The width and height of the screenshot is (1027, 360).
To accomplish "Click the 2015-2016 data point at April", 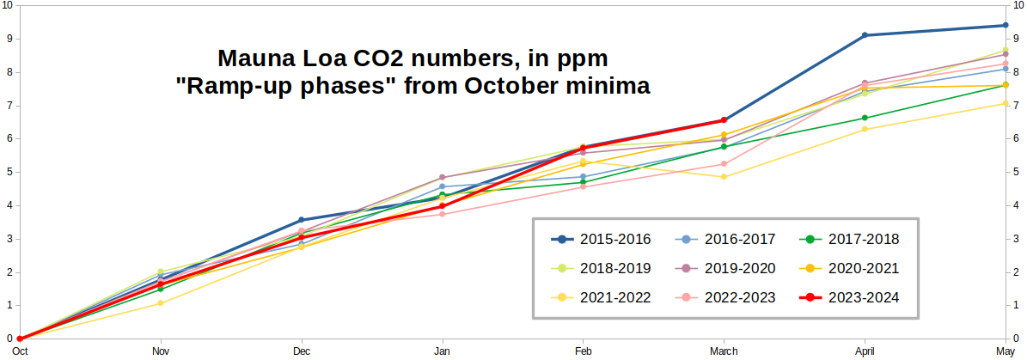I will pos(865,35).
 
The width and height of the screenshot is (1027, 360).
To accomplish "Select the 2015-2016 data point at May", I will pos(1006,25).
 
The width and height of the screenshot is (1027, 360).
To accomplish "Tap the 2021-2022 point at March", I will pos(724,177).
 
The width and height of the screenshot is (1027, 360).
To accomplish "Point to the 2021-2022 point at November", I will pos(161,303).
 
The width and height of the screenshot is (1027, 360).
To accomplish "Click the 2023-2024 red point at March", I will pos(724,120).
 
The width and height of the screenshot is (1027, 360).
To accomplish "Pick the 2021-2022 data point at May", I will pos(1006,103).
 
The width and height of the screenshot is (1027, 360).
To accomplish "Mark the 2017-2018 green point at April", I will pos(865,118).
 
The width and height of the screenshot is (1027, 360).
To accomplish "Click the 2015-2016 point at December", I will pos(301,220).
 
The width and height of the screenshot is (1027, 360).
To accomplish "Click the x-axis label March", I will pos(724,351).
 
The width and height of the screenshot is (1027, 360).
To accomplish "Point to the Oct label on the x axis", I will pos(20,351).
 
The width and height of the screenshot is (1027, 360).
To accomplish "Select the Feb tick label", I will pos(583,351).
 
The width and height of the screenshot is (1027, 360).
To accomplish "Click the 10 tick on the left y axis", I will pos(7,5).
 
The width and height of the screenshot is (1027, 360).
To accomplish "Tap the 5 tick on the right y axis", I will pos(1018,172).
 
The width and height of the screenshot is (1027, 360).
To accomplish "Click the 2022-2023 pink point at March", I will pos(724,164).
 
